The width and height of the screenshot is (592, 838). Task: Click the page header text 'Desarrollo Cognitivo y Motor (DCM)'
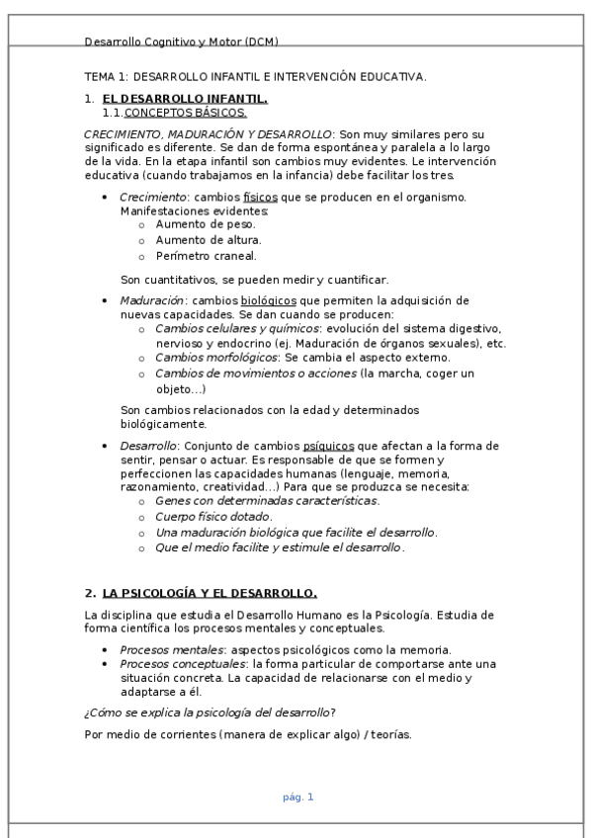point(182,42)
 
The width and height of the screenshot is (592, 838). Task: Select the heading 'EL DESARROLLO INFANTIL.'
point(185,99)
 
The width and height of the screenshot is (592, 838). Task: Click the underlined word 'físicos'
point(260,197)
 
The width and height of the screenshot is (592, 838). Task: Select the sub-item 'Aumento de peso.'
point(205,224)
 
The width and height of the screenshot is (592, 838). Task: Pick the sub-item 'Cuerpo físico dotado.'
point(213,517)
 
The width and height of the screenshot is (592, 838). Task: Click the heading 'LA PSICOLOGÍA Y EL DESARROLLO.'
point(210,593)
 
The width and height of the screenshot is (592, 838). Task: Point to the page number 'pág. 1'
point(297,796)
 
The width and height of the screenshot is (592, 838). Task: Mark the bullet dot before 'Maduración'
point(106,300)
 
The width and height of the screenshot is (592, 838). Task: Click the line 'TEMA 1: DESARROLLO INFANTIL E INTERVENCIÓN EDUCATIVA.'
point(256,76)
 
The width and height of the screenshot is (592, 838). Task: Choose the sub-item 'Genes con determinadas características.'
point(267,502)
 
